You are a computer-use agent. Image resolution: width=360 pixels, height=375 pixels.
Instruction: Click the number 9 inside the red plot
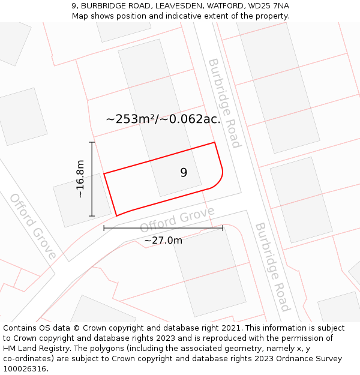click(x=184, y=173)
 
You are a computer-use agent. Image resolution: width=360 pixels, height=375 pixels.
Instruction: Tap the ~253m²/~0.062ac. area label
click(x=163, y=119)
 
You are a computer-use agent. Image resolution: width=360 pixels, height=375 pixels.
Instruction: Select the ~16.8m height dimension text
click(x=80, y=179)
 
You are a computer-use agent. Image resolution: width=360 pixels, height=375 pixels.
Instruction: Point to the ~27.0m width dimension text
click(x=163, y=241)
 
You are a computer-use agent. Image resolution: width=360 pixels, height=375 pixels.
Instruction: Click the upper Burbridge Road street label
click(x=224, y=103)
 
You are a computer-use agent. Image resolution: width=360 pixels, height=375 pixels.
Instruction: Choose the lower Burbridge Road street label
click(x=272, y=267)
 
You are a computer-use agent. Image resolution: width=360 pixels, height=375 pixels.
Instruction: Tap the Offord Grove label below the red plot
click(x=176, y=220)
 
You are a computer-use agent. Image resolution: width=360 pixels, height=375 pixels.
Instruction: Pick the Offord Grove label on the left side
click(x=32, y=226)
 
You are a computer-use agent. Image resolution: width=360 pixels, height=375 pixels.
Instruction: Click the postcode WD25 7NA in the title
click(x=268, y=5)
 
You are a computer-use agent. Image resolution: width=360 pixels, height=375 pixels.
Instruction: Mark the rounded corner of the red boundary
click(x=219, y=181)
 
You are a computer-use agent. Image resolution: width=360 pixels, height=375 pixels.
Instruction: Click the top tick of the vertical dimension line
click(x=92, y=142)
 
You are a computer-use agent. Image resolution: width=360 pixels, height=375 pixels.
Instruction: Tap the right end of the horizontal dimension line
click(x=223, y=228)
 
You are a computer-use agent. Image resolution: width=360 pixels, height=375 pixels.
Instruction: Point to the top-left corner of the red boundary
click(x=104, y=174)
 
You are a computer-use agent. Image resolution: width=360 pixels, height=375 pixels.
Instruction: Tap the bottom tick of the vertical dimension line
click(x=92, y=216)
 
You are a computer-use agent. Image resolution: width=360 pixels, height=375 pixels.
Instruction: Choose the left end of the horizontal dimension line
click(x=104, y=228)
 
